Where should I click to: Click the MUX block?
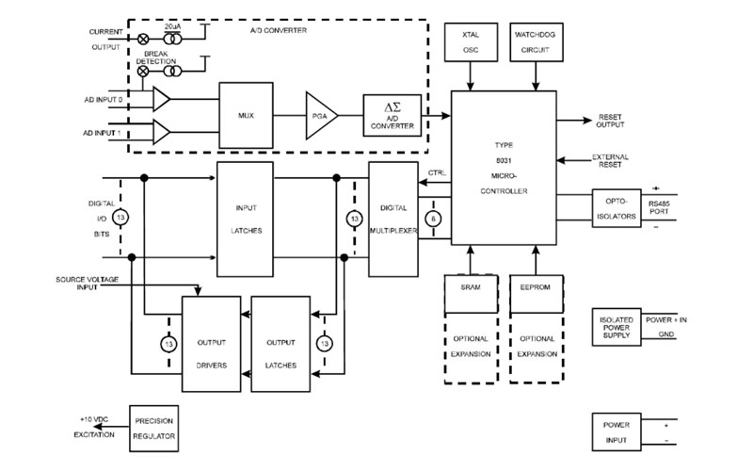coord(247,115)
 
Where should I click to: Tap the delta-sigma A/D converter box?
coord(391,117)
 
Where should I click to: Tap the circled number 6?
coord(432,218)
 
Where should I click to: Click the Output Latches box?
coord(280,346)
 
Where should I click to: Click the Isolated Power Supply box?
coord(617,327)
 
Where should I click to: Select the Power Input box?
coord(617,431)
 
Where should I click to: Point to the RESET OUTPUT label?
coord(609,122)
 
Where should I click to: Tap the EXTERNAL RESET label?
coord(611,161)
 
